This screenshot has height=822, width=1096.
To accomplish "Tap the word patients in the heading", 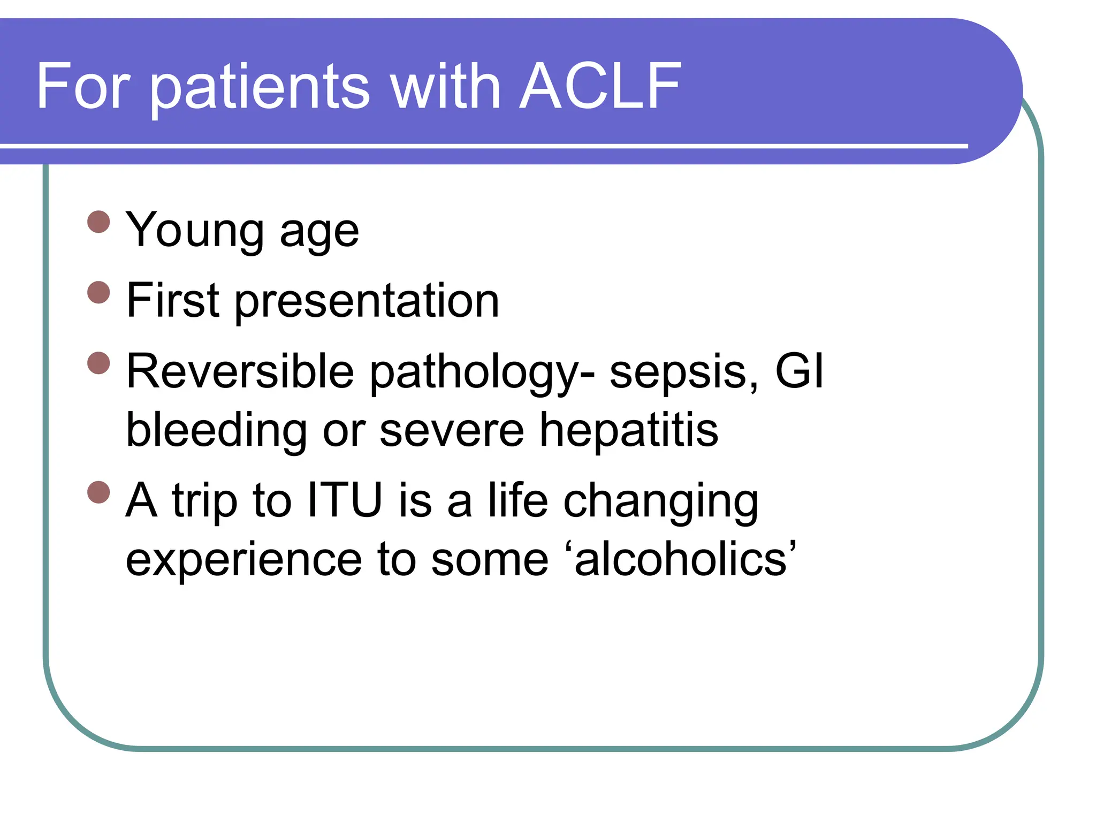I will click(260, 87).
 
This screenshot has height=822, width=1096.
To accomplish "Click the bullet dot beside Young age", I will click(98, 222).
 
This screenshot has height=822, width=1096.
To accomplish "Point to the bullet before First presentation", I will click(98, 292).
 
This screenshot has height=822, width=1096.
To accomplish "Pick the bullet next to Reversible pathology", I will click(98, 363).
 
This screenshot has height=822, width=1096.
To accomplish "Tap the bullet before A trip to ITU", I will click(98, 492).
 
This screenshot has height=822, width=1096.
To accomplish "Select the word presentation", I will click(367, 302).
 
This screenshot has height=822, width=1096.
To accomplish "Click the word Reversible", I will click(240, 371).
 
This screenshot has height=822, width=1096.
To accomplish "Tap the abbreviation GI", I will click(800, 371).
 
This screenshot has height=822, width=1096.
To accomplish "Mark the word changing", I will click(661, 502).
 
